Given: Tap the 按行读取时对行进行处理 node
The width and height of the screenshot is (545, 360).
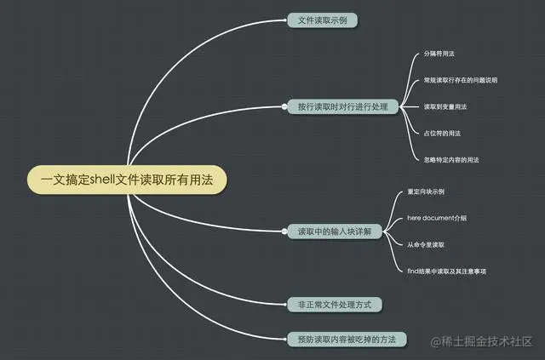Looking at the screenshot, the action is (x=342, y=106).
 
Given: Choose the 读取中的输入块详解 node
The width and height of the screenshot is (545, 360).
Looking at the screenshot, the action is (x=329, y=231).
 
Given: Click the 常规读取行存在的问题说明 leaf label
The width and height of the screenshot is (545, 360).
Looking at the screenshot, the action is (x=461, y=80).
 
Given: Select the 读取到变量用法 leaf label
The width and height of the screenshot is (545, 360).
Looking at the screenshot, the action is (x=445, y=106).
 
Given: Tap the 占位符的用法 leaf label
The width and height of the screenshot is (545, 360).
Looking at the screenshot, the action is (x=442, y=133).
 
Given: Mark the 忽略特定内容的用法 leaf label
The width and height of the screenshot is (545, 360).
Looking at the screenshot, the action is (x=451, y=159).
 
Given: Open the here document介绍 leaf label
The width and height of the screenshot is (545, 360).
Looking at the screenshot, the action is (x=437, y=218).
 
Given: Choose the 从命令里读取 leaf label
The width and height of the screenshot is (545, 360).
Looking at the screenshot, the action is (x=425, y=244).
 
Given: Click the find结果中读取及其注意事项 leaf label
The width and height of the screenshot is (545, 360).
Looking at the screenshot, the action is (x=453, y=271).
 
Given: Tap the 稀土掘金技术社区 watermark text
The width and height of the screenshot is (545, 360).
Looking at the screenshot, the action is (x=489, y=341).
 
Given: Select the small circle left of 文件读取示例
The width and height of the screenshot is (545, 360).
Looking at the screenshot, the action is (x=284, y=20).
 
